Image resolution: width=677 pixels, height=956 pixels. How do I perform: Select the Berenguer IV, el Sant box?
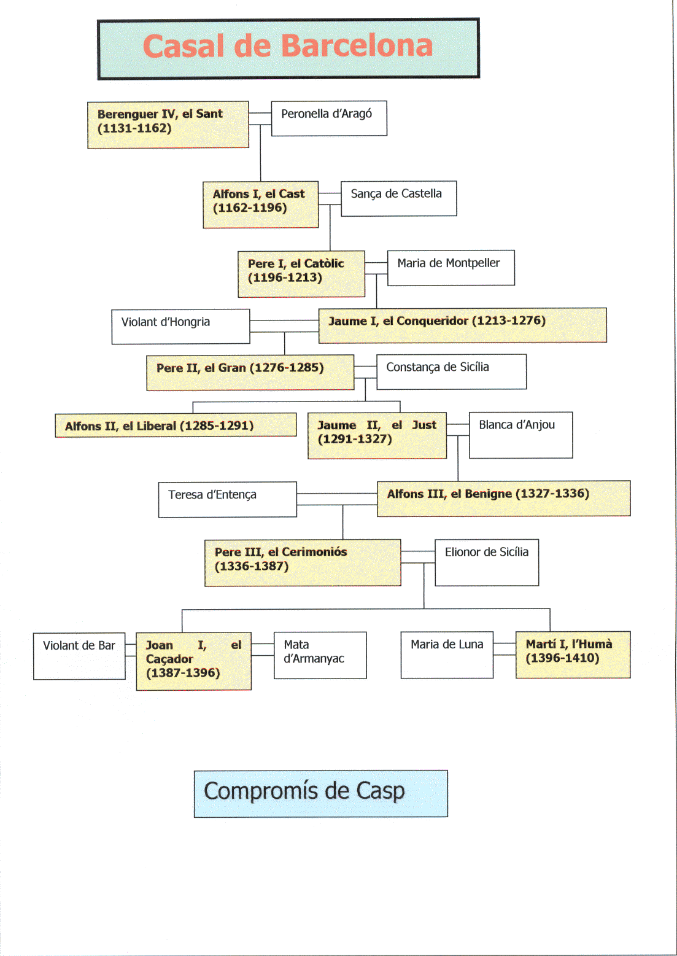168,125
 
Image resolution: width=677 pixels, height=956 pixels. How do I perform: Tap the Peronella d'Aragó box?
329,118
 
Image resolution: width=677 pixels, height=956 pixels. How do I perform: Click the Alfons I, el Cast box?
260,204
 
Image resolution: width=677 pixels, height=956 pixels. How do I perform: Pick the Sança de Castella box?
398,198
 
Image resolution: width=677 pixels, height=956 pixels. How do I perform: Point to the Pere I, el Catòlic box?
301,274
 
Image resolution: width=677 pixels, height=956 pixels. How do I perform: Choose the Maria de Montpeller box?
451,268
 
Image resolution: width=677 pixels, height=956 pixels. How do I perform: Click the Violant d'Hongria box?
180,327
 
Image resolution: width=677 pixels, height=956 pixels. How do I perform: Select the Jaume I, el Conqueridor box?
462,325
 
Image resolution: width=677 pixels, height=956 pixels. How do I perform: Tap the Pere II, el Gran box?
250,372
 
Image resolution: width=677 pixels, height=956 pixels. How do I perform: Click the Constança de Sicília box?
451,371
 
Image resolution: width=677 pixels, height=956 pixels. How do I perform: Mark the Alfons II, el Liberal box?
176,425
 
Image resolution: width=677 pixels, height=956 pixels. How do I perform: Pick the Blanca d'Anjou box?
520,435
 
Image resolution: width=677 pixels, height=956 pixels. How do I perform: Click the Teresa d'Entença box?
227,499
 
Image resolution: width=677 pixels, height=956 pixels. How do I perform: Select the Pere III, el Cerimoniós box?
303,562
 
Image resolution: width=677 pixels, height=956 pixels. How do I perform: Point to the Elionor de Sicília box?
487,562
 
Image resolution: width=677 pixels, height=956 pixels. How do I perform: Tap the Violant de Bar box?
79,656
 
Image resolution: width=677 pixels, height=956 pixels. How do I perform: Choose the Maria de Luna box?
447,655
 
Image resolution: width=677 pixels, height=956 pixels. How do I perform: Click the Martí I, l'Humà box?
573,655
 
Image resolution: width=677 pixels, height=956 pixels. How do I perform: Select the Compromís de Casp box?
320,793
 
